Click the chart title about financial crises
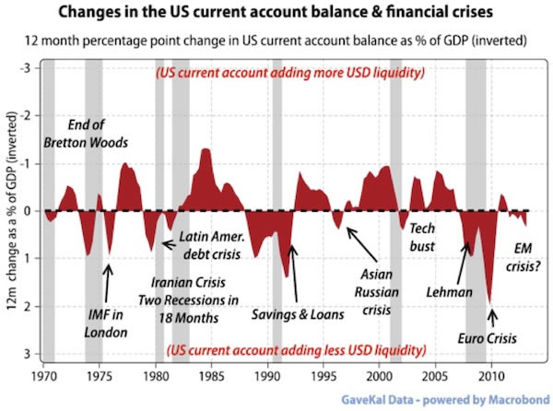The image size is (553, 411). (x=276, y=13)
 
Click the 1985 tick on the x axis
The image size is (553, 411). (x=213, y=377)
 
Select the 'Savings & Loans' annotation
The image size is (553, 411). (x=298, y=314)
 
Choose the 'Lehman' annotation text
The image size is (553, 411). (x=449, y=292)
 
